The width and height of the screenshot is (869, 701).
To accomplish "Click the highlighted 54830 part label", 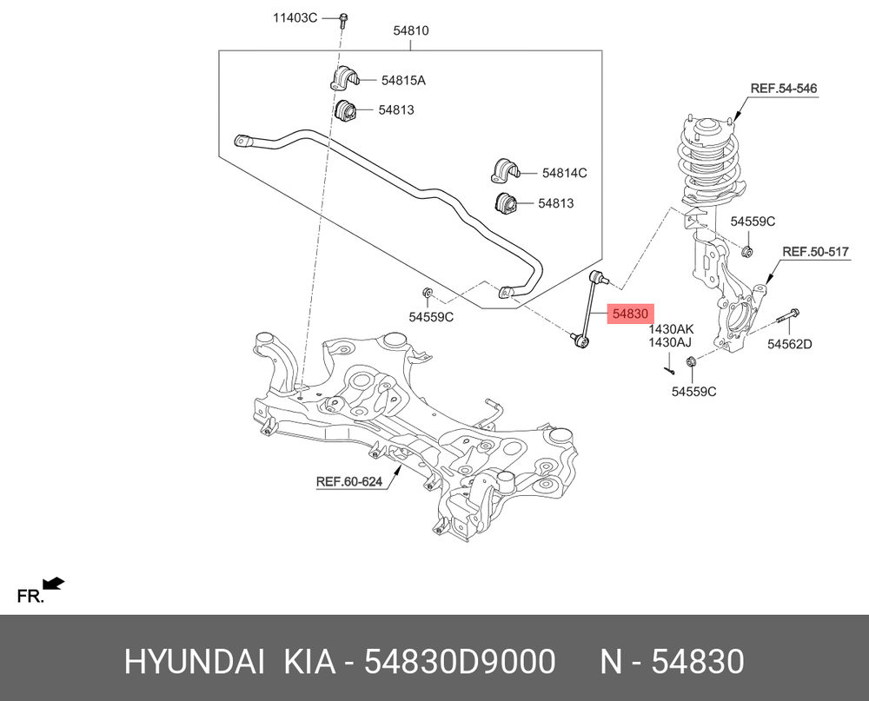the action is [631, 314].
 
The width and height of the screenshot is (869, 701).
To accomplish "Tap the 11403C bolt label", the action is [295, 17].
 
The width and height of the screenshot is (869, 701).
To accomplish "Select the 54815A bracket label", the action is [403, 81].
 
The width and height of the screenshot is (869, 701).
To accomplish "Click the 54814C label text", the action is [564, 173].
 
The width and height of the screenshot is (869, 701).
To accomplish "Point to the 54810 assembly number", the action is [411, 30].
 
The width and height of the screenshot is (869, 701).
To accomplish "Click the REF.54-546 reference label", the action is [783, 88].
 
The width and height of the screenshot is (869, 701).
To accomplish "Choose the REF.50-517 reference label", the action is [815, 252].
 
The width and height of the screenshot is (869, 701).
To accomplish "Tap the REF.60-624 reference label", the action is [349, 481].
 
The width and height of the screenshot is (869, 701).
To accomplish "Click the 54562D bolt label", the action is [789, 344].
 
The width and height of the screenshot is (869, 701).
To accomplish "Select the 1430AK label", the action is [671, 330].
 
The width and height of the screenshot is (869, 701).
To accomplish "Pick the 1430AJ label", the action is [669, 342].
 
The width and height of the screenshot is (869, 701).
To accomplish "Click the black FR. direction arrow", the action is [54, 584].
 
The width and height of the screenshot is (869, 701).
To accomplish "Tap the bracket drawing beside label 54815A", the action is [344, 78].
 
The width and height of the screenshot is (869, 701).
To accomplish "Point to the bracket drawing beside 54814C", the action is [504, 170].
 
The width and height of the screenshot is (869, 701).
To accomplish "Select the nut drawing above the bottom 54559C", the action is [691, 362].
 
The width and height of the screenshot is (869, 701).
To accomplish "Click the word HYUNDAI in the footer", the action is [195, 662].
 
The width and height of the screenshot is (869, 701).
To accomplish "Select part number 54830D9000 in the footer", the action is [460, 662].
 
